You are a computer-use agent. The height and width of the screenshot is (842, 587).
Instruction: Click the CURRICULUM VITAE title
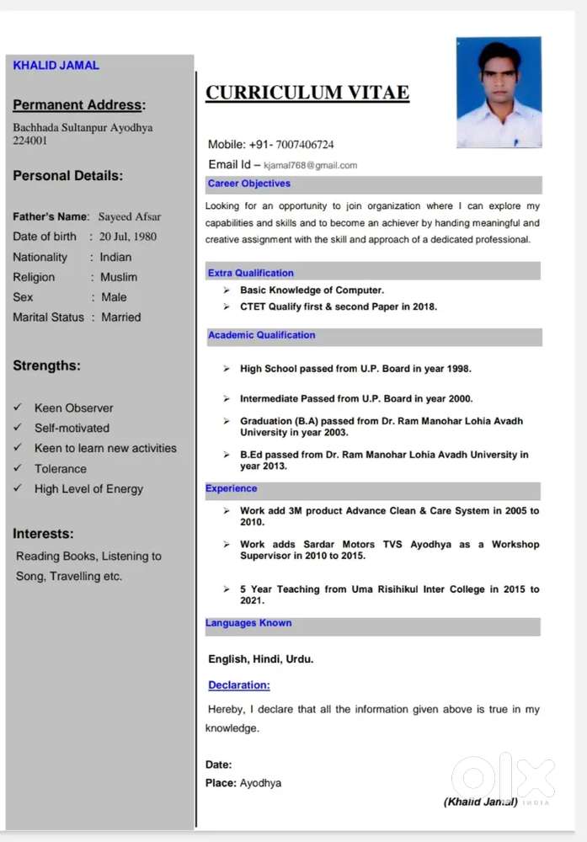[307, 93]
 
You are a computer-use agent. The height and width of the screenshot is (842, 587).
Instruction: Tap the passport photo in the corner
[499, 93]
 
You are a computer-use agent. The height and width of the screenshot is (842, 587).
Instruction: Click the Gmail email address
[310, 165]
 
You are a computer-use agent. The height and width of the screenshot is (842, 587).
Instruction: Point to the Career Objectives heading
[248, 184]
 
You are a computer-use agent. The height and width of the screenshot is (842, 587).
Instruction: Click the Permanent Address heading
[79, 105]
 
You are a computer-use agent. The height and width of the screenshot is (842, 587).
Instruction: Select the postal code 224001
[30, 141]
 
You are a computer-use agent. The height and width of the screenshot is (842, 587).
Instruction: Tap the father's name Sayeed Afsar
[129, 216]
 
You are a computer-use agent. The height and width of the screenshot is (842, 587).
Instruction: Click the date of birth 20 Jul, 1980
[127, 237]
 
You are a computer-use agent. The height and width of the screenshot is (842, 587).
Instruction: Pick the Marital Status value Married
[120, 317]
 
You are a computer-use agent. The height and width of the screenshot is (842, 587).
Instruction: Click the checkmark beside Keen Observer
[18, 408]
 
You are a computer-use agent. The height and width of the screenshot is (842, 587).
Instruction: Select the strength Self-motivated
[72, 428]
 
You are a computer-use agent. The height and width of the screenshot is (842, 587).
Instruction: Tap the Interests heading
[43, 534]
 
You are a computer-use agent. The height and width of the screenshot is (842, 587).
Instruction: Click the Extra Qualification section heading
[250, 273]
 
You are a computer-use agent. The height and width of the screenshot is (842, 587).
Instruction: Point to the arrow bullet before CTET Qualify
[227, 306]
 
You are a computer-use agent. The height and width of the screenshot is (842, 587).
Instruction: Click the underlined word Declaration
[239, 685]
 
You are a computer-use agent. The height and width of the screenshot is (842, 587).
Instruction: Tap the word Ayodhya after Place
[260, 783]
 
